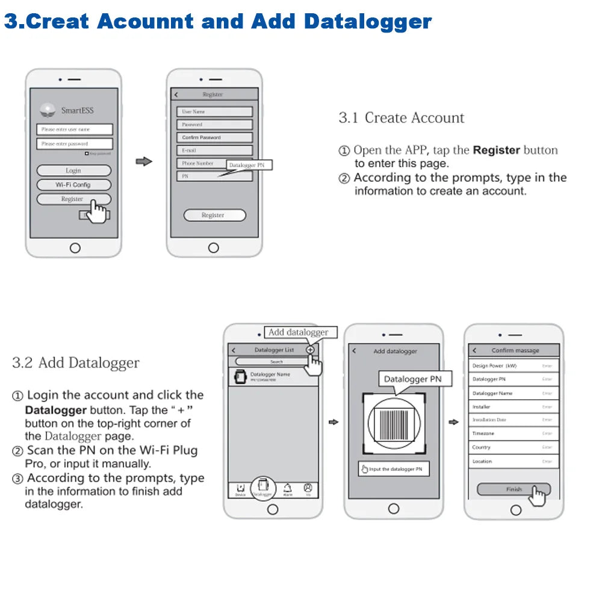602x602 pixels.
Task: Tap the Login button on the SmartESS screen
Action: [x=73, y=170]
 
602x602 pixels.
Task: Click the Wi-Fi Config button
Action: [x=73, y=185]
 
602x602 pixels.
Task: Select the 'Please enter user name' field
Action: [x=74, y=129]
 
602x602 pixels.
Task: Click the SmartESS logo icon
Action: [x=48, y=110]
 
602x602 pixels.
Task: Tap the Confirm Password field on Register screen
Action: [x=214, y=137]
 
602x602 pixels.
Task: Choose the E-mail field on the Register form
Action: [x=214, y=150]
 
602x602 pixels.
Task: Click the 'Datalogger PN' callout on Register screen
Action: [x=249, y=164]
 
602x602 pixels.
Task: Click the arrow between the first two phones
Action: [x=143, y=161]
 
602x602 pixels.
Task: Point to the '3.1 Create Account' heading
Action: [x=401, y=117]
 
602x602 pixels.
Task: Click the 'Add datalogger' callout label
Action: [x=299, y=332]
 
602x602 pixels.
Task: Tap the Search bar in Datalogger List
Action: [x=276, y=362]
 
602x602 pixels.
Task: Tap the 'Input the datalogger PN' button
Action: [x=394, y=469]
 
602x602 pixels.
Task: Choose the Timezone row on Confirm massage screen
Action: [x=514, y=433]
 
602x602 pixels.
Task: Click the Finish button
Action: [x=514, y=489]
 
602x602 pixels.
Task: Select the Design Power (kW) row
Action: [x=514, y=365]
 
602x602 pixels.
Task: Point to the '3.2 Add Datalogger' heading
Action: [x=75, y=363]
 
